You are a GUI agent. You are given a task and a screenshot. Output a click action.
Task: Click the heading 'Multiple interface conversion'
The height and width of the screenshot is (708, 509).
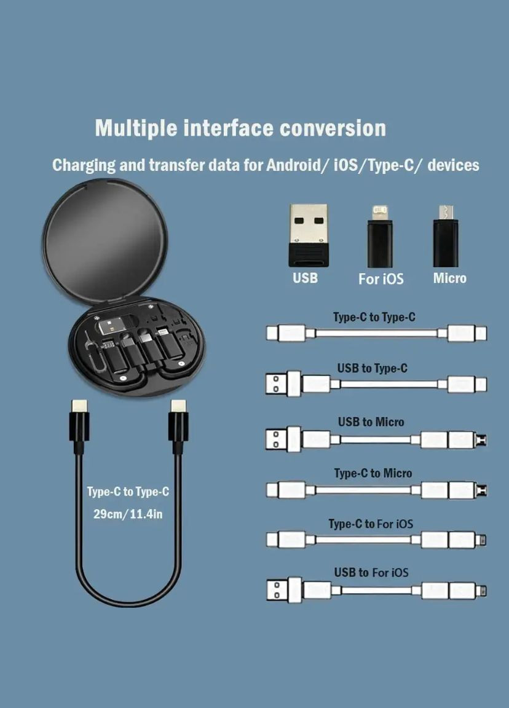point(240,128)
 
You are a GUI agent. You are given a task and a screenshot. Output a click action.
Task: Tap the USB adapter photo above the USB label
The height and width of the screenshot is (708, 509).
point(309,235)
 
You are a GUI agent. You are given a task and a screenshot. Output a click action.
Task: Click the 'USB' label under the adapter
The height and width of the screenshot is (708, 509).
point(305,278)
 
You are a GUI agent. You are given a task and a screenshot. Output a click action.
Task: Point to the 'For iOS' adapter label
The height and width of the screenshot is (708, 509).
point(381,279)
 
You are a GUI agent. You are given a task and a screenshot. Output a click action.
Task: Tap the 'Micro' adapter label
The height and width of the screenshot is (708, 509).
point(450,278)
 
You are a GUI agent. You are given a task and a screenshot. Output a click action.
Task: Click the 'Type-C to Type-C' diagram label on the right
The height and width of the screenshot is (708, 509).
point(374,317)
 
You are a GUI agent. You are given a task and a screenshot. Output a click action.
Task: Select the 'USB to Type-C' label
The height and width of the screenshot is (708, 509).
point(372,368)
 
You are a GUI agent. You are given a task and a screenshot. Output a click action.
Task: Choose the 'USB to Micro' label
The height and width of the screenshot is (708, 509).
point(371,422)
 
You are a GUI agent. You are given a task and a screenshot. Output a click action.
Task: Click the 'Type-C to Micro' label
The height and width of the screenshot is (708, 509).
point(373,473)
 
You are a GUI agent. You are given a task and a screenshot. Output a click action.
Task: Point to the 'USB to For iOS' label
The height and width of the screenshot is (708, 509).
point(371,573)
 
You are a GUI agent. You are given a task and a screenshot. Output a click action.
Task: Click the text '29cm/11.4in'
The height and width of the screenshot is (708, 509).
point(128,514)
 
